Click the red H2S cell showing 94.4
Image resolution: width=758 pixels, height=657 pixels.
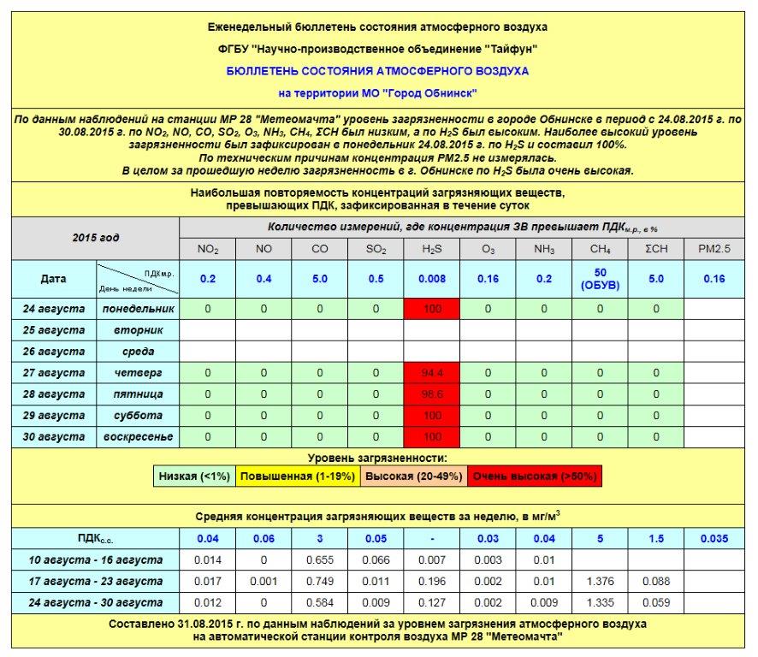point(432,373)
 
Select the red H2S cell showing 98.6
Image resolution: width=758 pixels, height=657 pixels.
point(432,394)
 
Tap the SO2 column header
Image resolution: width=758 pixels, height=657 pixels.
point(376,250)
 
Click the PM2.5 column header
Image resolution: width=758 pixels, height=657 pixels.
point(714,250)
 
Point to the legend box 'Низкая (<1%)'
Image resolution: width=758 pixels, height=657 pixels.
point(194,476)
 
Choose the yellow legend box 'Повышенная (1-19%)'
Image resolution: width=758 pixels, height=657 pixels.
point(297,476)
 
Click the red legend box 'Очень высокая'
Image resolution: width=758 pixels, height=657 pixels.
point(535,476)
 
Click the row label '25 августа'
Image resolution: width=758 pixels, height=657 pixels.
point(53,329)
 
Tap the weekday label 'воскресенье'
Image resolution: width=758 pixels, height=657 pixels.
point(138,437)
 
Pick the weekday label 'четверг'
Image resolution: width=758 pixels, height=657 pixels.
point(138,373)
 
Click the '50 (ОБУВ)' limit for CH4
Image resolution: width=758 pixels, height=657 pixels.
point(601,279)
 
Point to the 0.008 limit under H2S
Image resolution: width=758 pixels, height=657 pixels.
point(432,279)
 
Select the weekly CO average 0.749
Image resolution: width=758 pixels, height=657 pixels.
point(320,582)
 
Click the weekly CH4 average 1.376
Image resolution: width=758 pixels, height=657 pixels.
point(601,582)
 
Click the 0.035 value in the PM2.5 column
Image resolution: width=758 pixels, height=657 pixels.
point(714,539)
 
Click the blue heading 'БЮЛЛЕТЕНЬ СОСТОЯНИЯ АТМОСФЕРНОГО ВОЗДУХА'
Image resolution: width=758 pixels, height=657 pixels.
point(377,71)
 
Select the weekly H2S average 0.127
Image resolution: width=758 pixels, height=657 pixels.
point(432,602)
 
